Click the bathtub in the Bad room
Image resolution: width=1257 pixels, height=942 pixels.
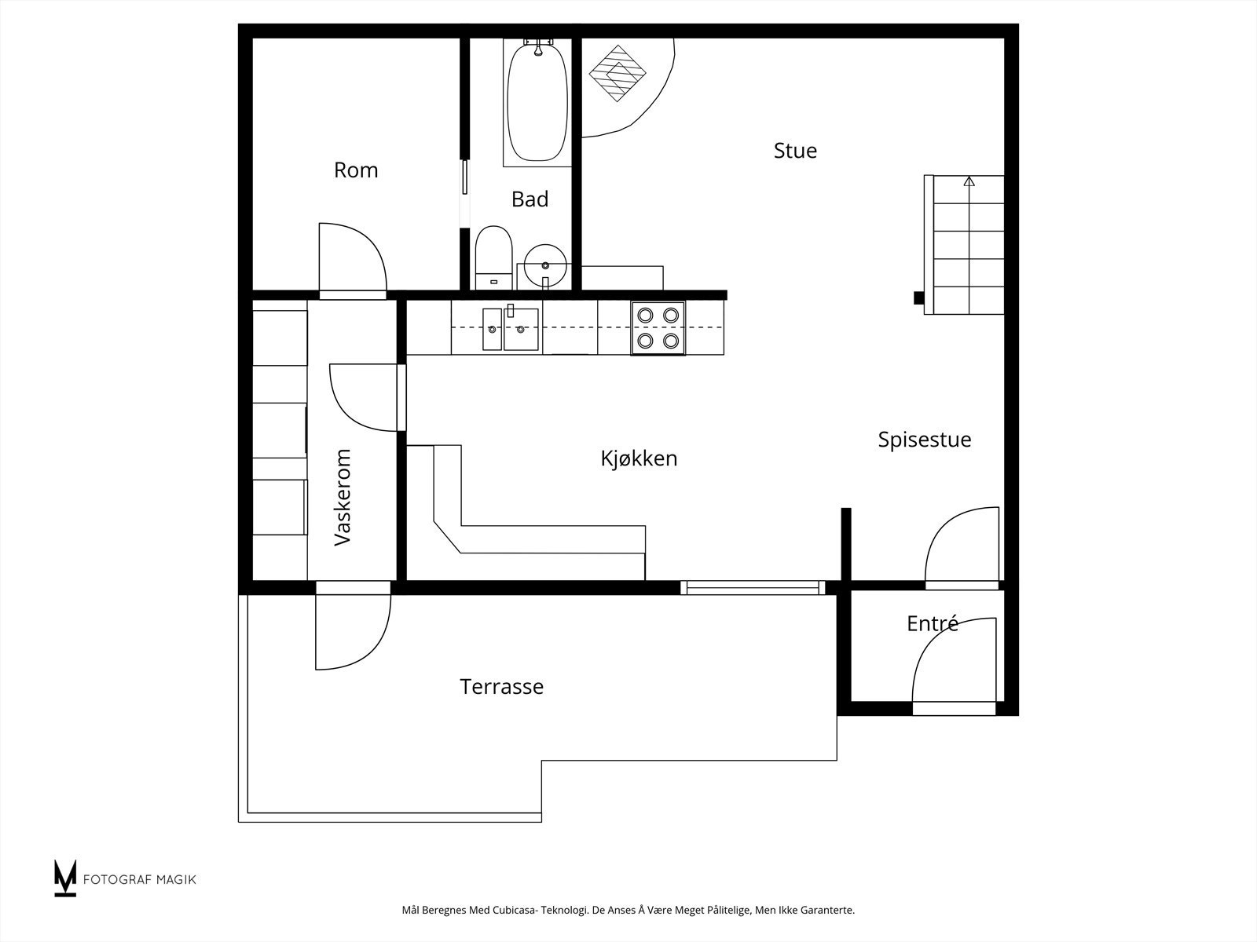point(537,102)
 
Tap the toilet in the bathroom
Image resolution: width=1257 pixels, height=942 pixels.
point(493,257)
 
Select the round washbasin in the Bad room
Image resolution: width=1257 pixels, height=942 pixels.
point(545,266)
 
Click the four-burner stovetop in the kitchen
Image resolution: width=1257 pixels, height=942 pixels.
point(658,328)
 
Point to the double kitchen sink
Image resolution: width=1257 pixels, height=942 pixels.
point(510,328)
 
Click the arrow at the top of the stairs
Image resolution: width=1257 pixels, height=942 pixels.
point(969,182)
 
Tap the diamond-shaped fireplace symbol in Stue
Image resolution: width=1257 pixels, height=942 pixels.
point(618,73)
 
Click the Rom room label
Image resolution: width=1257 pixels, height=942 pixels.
point(356,170)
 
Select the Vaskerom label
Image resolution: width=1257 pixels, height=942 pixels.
point(342,497)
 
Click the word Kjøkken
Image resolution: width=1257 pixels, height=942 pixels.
point(639,458)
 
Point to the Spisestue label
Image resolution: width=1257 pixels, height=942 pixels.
point(924,440)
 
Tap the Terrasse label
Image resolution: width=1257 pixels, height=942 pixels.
point(502,686)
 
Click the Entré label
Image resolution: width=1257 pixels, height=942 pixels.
point(933,623)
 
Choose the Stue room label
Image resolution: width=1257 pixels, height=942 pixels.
point(795,151)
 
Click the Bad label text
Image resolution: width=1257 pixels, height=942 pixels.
point(530,199)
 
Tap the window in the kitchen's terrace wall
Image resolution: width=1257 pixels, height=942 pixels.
point(753,587)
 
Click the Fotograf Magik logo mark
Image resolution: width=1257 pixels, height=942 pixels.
point(65,878)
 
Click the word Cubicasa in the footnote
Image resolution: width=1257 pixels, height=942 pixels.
point(514,910)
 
